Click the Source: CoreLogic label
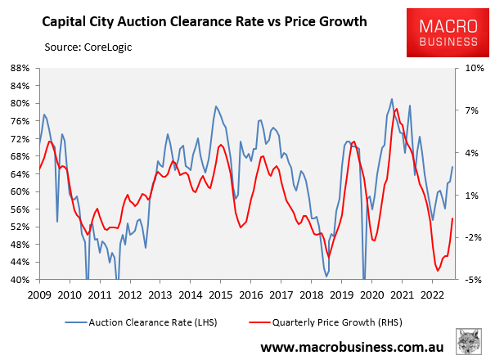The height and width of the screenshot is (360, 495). [88, 47]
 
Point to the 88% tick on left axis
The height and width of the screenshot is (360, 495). [20, 68]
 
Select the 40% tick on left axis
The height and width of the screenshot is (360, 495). [20, 280]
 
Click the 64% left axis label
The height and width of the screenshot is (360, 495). [20, 174]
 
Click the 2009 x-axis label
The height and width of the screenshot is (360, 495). [39, 295]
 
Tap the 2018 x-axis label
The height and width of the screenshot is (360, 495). [311, 295]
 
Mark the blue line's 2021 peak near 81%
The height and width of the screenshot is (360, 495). [392, 99]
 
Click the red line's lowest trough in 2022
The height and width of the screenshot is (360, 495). [438, 271]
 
